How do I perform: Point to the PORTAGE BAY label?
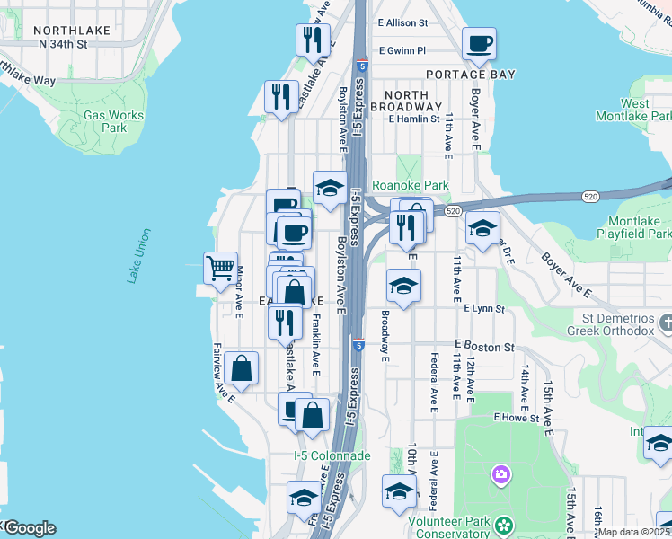tap(471, 75)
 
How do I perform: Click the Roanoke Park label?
tap(410, 186)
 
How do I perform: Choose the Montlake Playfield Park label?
tap(633, 227)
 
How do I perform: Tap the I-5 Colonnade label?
tap(332, 455)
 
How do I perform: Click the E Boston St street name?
tap(484, 346)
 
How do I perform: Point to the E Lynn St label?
tap(484, 308)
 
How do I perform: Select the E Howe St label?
tap(516, 418)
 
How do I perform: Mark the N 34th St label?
tap(60, 43)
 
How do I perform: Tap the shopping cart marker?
tap(220, 268)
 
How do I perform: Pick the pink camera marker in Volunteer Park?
tap(500, 473)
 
